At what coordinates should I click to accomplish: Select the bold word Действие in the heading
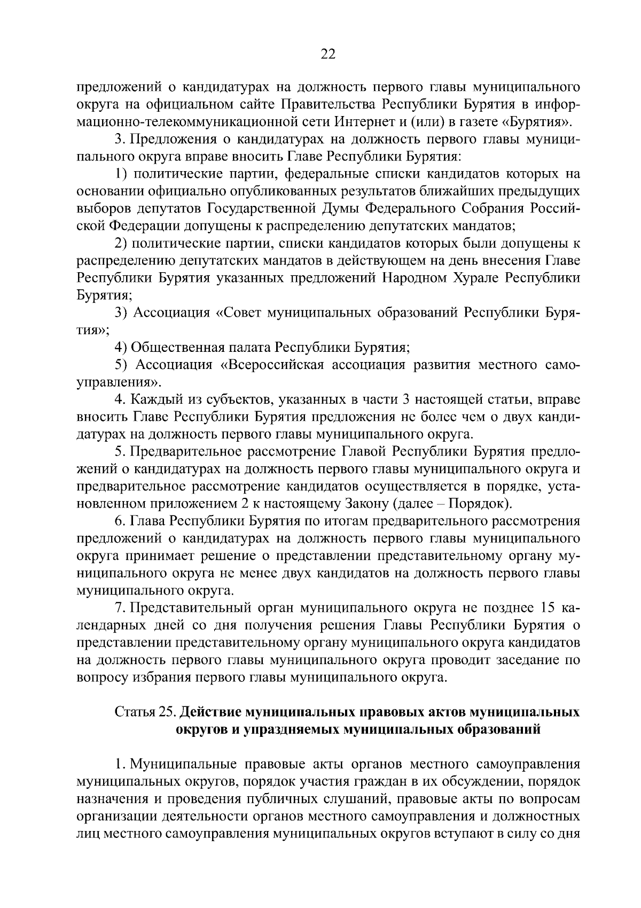click(210, 712)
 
